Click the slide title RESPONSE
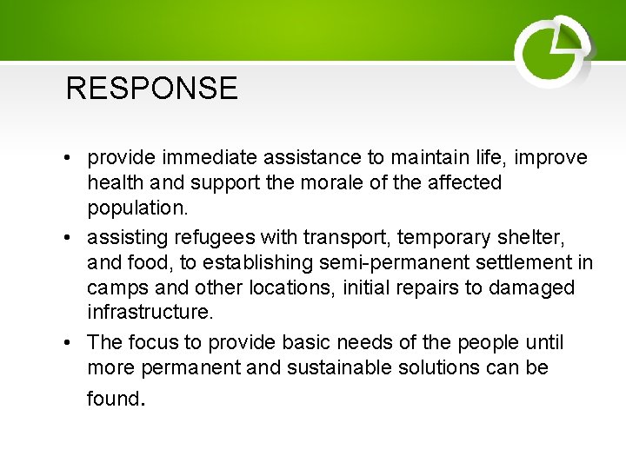point(151,89)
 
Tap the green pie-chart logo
point(553,52)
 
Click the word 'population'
point(131,209)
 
